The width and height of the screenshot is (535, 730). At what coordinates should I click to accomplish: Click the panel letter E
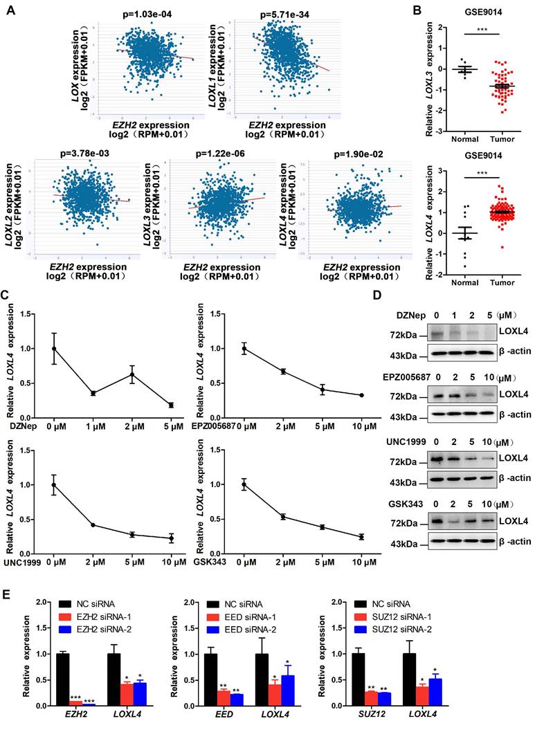9,597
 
